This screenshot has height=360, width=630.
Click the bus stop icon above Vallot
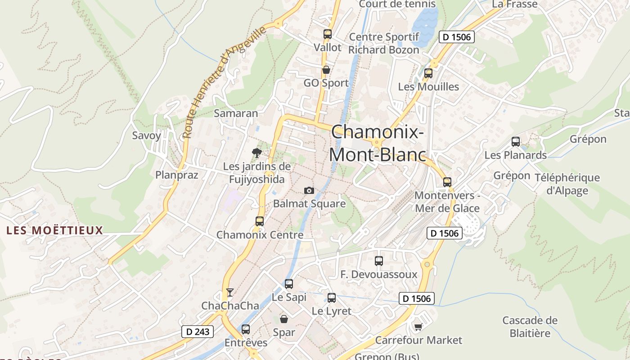tap(327, 34)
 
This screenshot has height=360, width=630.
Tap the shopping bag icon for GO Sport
tap(326, 70)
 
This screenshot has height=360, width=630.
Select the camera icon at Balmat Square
tap(309, 190)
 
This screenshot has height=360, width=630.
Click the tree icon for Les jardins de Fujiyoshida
tap(256, 153)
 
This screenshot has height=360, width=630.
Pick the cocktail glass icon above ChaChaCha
tap(230, 292)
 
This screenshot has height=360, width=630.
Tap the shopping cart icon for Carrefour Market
tap(418, 327)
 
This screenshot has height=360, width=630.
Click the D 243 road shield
tap(198, 332)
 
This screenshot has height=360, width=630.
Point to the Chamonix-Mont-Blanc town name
tap(377, 143)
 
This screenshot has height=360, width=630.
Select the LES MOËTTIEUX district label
tap(55, 231)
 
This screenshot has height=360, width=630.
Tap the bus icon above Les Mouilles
tap(428, 73)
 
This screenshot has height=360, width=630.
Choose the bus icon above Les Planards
tap(516, 142)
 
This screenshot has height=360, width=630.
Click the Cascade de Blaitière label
tap(530, 327)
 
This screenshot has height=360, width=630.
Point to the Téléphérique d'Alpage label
tap(567, 184)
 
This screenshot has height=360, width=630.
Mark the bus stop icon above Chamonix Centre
tap(259, 221)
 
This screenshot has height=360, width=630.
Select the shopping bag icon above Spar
tap(284, 319)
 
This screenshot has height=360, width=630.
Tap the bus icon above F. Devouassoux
tap(378, 261)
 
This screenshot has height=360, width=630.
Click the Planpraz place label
tap(177, 175)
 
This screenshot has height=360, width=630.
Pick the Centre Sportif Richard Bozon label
tap(384, 43)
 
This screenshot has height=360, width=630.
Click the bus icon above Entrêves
tap(245, 329)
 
